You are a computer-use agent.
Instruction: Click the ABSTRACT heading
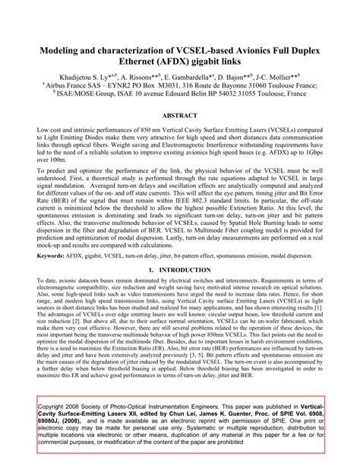tap(180, 116)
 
